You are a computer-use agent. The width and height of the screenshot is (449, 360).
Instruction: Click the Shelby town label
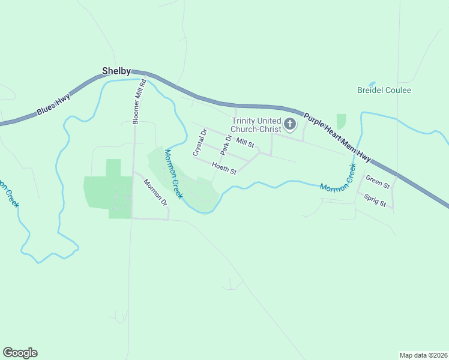click(116, 71)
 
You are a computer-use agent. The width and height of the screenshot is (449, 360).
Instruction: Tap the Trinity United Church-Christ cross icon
click(290, 125)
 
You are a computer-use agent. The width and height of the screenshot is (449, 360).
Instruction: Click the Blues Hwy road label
click(53, 104)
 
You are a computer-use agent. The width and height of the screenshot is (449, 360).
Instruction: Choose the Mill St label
click(245, 143)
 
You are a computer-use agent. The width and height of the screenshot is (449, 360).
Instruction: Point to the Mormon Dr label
click(155, 192)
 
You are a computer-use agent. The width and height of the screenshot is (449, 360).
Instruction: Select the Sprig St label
click(375, 201)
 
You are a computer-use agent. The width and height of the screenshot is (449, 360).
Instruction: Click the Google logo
click(20, 353)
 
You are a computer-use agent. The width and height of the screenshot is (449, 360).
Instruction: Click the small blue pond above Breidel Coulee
click(372, 84)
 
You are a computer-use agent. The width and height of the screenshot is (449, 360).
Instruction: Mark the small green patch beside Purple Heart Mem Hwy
click(342, 122)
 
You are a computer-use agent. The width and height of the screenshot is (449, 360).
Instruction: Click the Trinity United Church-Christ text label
click(256, 125)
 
